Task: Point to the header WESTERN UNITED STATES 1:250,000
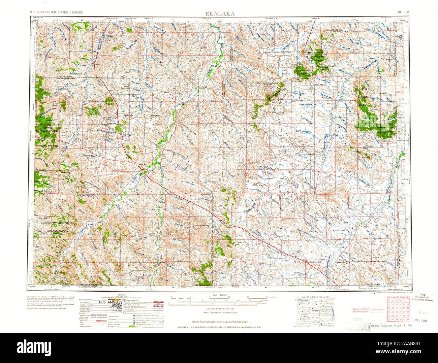(56, 12)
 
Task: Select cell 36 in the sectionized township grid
(408, 319)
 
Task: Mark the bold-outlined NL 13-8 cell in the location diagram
(316, 313)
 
